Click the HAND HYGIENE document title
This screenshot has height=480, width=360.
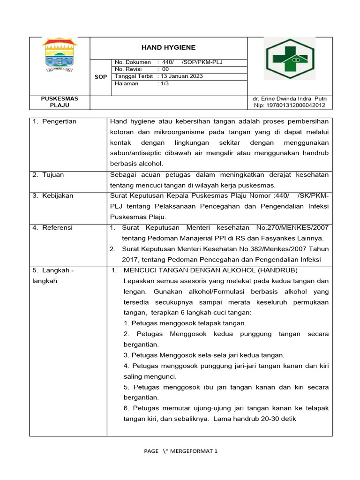pos(168,47)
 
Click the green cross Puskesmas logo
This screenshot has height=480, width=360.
pos(288,59)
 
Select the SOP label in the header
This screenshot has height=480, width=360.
pos(101,76)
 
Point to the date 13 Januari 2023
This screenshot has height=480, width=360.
pos(181,76)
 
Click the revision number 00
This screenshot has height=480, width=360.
pos(165,69)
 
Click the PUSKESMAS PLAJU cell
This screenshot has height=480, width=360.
pos(60,102)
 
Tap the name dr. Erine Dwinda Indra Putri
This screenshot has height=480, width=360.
pos(289,99)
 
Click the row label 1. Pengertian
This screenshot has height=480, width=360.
pos(55,122)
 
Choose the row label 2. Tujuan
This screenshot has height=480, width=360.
pos(49,175)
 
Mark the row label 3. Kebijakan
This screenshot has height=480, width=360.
pos(53,196)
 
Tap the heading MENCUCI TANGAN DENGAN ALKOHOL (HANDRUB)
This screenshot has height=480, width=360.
pos(210,270)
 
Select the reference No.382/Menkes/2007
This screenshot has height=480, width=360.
pos(268,249)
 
